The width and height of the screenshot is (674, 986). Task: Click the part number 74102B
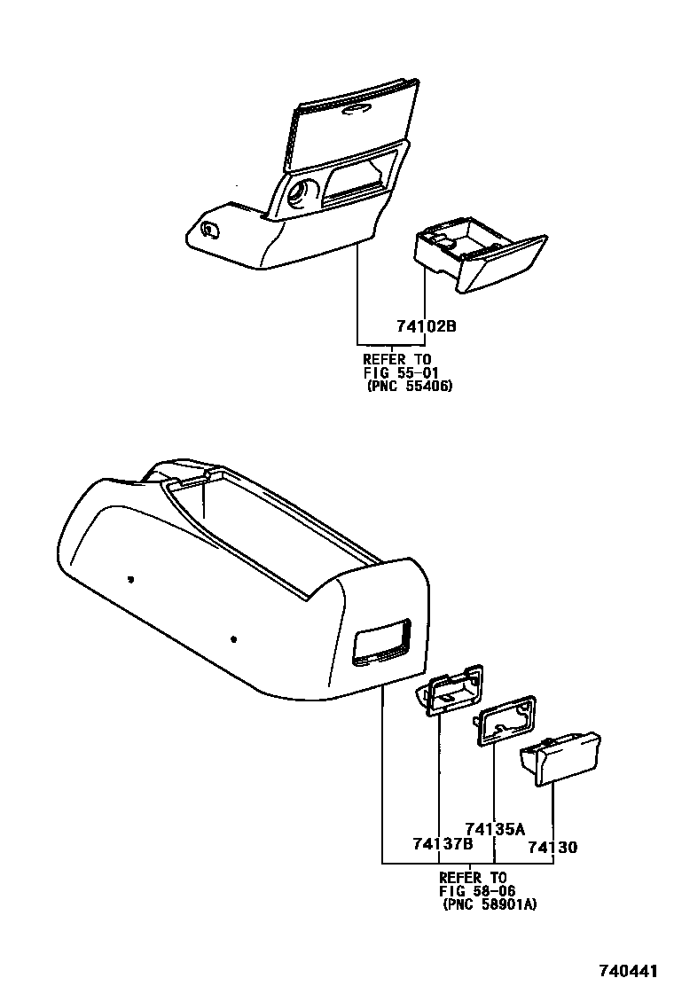pyautogui.click(x=426, y=327)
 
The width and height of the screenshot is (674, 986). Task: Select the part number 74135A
pyautogui.click(x=495, y=829)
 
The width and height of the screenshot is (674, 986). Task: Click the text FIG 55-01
pyautogui.click(x=401, y=372)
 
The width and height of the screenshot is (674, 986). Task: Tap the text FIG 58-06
pyautogui.click(x=477, y=890)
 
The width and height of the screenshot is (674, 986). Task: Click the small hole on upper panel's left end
pyautogui.click(x=208, y=230)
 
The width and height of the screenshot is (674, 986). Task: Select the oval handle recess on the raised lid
pyautogui.click(x=357, y=108)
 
